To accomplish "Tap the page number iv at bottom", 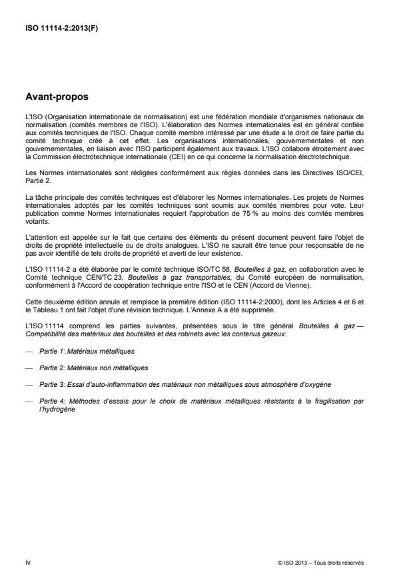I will point(28,562).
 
